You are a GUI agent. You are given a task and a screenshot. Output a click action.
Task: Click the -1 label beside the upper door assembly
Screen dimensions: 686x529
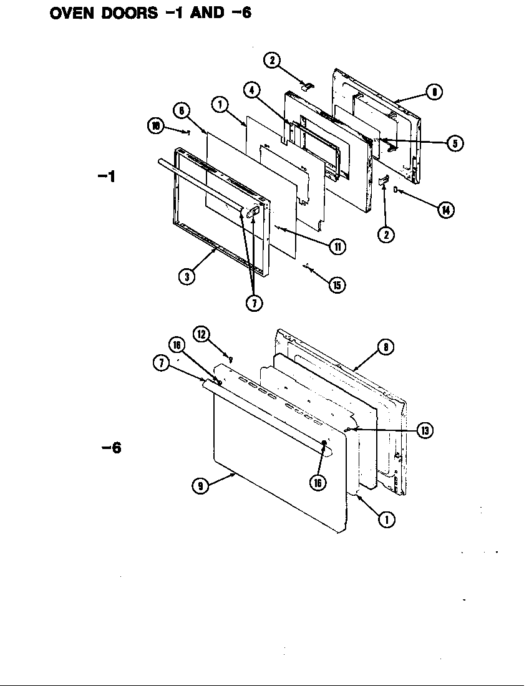point(107,176)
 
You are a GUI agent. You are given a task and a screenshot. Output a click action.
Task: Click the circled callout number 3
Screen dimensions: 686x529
point(187,276)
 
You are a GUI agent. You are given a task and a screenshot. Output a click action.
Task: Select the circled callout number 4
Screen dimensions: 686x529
point(251,90)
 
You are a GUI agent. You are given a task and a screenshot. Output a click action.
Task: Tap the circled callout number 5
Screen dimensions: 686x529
point(455,143)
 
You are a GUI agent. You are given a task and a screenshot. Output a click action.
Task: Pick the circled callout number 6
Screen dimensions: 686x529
point(181,111)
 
